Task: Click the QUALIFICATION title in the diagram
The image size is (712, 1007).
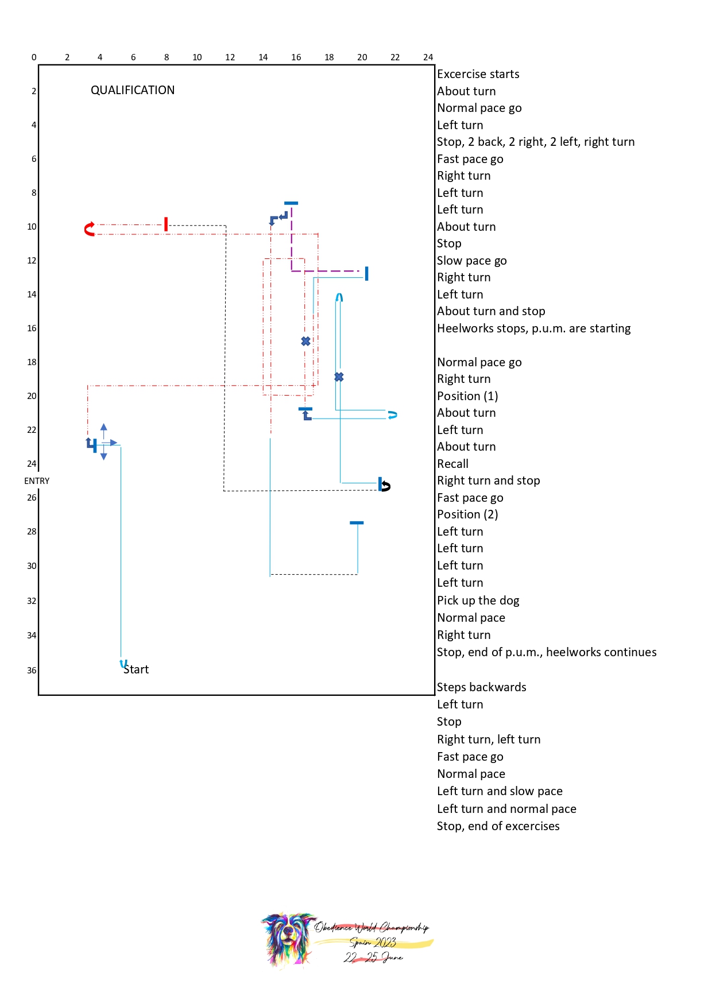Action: point(133,90)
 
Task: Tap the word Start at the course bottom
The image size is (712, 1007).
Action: point(136,669)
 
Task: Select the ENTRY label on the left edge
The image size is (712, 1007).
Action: point(37,481)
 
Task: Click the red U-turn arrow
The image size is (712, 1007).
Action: point(89,229)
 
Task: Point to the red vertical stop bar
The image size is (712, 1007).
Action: point(166,224)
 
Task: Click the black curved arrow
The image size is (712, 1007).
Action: point(385,486)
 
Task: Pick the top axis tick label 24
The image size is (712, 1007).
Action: point(428,57)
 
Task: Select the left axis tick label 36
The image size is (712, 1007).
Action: point(32,671)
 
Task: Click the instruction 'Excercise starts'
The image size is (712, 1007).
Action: point(478,74)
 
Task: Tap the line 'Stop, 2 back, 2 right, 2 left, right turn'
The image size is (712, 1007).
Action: point(535,142)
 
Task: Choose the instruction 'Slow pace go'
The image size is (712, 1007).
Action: point(471,261)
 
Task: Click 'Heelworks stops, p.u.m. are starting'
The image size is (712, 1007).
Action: point(533,328)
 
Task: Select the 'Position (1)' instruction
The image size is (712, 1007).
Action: point(467,396)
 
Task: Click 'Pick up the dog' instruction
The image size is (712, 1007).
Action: point(478,601)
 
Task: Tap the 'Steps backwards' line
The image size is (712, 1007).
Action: point(481,687)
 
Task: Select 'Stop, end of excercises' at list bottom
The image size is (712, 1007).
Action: point(498,826)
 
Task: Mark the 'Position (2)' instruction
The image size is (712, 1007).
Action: point(467,514)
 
